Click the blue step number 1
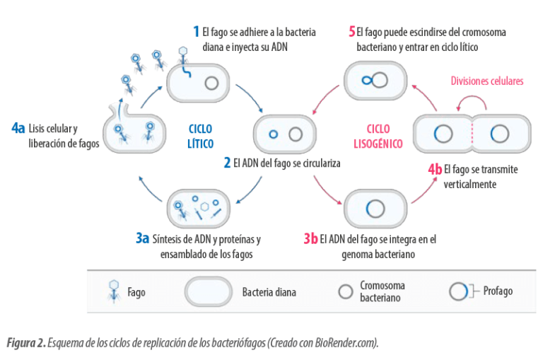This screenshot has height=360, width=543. pyautogui.click(x=196, y=32)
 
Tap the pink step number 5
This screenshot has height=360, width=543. pyautogui.click(x=352, y=32)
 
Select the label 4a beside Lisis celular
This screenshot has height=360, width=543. pyautogui.click(x=18, y=128)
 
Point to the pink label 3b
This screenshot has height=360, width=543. pyautogui.click(x=310, y=238)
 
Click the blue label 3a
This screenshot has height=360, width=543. pyautogui.click(x=142, y=238)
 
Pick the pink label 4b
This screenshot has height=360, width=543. pyautogui.click(x=435, y=169)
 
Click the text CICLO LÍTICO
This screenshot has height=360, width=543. pyautogui.click(x=201, y=137)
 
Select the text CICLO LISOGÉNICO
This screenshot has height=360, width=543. pyautogui.click(x=378, y=137)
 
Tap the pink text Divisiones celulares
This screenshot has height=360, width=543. pyautogui.click(x=487, y=81)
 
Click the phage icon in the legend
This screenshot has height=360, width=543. pyautogui.click(x=114, y=291)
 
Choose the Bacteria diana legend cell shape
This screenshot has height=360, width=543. pyautogui.click(x=208, y=291)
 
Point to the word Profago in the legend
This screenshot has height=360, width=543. pyautogui.click(x=498, y=291)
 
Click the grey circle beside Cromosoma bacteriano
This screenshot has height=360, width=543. pyautogui.click(x=345, y=291)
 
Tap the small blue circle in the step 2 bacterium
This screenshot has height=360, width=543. pyautogui.click(x=274, y=134)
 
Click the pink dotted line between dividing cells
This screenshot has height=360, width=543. pyautogui.click(x=472, y=134)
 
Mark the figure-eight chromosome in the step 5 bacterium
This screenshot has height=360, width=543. pyautogui.click(x=375, y=81)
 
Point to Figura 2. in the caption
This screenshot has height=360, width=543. pyautogui.click(x=26, y=343)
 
